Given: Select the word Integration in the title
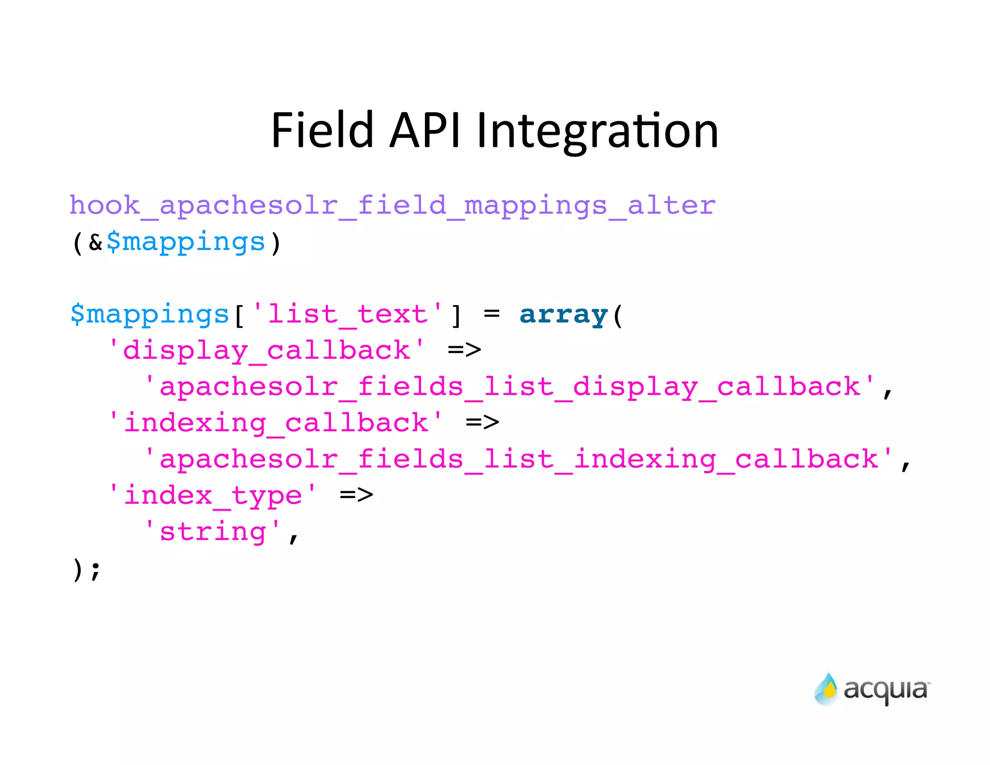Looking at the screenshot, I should click(x=597, y=131).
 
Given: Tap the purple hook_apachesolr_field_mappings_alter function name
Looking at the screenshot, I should click(x=392, y=206).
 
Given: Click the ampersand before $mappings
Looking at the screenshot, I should click(x=96, y=242).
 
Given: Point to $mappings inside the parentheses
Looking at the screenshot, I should click(x=186, y=242).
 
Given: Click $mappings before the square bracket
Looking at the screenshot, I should click(x=150, y=315).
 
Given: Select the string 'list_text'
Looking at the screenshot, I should click(x=347, y=315).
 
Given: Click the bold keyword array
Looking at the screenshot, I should click(x=563, y=315).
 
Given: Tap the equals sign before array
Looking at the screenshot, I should click(x=491, y=314).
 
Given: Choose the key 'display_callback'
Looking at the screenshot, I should click(x=267, y=351).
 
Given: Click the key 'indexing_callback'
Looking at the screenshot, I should click(x=276, y=423).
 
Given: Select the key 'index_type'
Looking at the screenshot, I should click(x=213, y=496).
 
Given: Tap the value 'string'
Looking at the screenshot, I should click(x=213, y=532).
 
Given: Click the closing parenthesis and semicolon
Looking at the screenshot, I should click(x=86, y=569).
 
